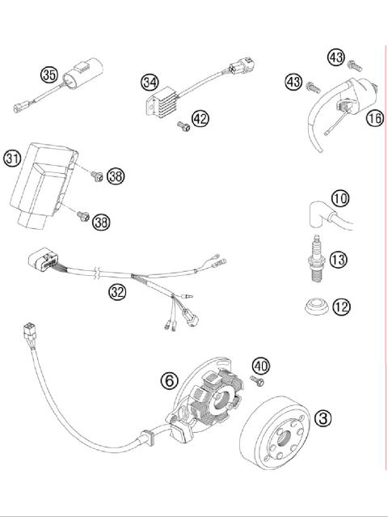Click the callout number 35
click(x=49, y=75)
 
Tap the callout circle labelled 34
click(x=149, y=83)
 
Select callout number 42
click(x=200, y=119)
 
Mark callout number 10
click(x=339, y=197)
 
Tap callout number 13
click(x=339, y=259)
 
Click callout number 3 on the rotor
click(x=323, y=418)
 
